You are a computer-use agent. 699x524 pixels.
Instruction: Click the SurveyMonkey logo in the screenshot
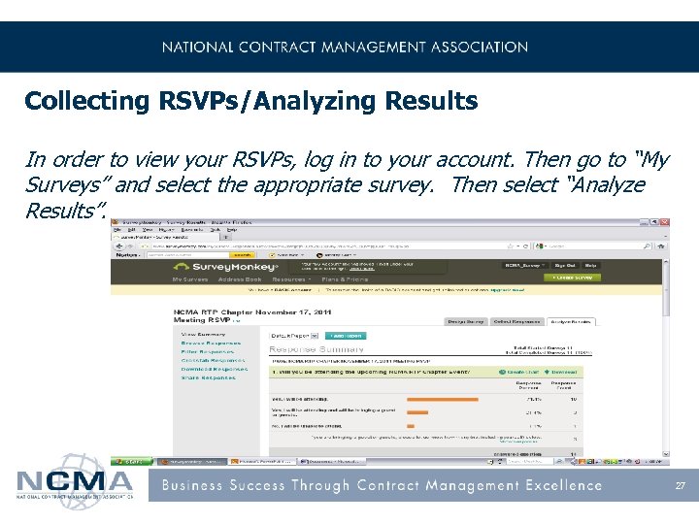224,265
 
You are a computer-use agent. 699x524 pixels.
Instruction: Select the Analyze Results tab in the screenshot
570,321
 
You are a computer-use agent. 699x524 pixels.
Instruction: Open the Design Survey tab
464,321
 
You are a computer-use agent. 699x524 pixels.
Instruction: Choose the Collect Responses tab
516,321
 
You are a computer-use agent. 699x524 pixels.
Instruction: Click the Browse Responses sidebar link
211,343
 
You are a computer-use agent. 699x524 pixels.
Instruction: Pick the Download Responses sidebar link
214,369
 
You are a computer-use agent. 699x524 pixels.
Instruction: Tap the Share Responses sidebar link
209,377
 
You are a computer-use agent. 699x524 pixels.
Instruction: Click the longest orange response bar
443,399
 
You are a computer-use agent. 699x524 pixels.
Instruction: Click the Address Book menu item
239,278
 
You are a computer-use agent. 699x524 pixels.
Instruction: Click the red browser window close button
664,223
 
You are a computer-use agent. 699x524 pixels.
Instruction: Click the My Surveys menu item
189,278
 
